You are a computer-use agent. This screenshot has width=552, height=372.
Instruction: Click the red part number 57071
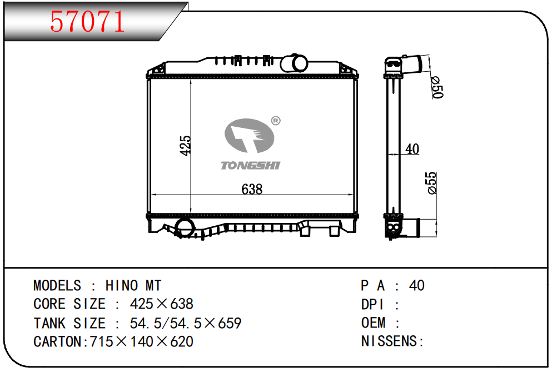point(87,22)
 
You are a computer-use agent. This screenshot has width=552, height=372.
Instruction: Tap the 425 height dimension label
point(185,145)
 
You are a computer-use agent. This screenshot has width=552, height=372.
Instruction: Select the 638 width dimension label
point(252,189)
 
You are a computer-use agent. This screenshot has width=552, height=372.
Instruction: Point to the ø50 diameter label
point(437,87)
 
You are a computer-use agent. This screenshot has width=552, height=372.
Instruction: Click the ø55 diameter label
point(431,183)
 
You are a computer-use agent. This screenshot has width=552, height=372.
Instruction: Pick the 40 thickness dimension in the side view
point(412,149)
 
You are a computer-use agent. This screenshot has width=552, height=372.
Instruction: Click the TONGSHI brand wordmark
point(250,166)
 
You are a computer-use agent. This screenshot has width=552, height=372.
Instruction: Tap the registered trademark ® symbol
point(276,121)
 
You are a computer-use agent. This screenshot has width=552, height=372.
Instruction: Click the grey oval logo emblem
point(249,136)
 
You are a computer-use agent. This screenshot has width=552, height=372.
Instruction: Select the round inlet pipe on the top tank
point(294,63)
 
